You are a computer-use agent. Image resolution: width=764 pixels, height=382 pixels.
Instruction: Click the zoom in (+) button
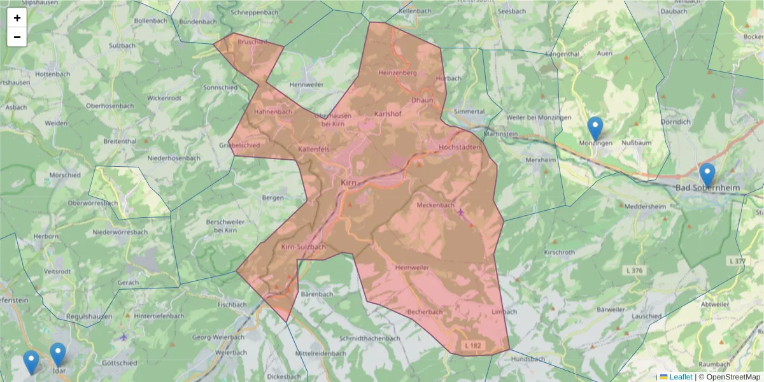tap(17, 18)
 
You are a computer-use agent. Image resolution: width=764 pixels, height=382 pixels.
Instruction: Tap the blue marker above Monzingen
tap(595, 128)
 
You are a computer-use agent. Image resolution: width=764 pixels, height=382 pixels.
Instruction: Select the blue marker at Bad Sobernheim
tap(707, 174)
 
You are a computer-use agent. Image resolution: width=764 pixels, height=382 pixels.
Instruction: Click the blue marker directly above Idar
tap(58, 354)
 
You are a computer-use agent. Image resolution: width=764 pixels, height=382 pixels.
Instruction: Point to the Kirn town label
tap(349, 183)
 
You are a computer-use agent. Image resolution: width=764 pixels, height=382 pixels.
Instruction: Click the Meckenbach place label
tap(435, 205)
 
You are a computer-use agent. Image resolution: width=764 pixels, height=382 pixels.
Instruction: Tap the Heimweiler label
tap(412, 267)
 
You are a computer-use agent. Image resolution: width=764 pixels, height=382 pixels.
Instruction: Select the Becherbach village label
tap(425, 312)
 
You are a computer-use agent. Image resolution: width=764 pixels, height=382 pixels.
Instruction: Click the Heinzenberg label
tap(397, 73)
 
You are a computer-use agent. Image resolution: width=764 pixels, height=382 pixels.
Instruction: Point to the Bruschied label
tap(251, 42)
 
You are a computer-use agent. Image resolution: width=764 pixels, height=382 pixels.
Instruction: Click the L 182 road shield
tap(472, 344)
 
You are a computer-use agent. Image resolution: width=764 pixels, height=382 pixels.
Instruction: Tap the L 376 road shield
tap(634, 271)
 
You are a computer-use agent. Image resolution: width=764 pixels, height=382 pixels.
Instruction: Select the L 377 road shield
tap(736, 261)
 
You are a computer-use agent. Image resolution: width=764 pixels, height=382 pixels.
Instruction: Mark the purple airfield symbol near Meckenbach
tap(461, 211)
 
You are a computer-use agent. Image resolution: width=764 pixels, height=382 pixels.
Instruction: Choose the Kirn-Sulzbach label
tap(304, 247)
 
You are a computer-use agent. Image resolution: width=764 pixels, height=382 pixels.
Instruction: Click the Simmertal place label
tap(469, 111)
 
